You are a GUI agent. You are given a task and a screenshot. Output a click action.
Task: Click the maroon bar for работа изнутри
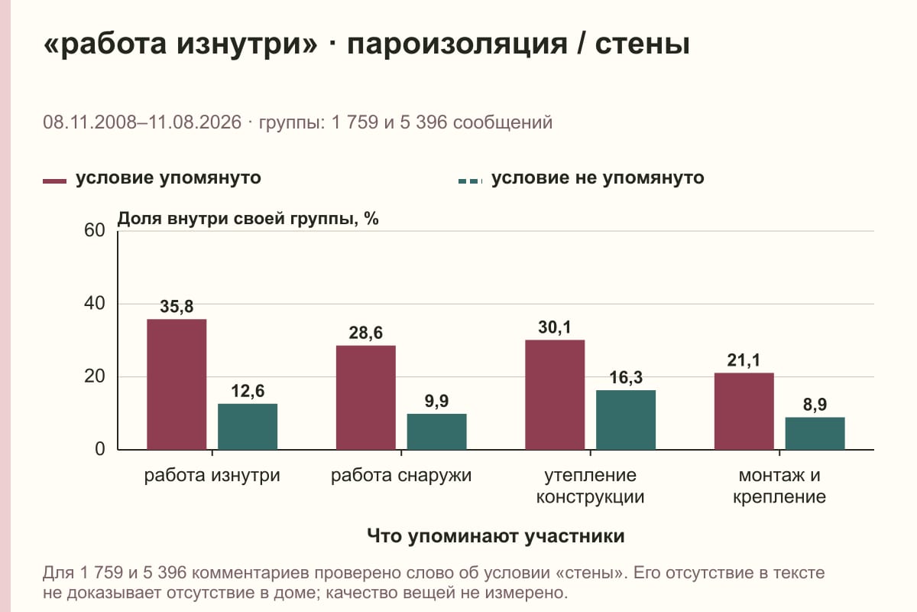point(177,385)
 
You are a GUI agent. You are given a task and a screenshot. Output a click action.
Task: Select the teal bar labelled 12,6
point(248,427)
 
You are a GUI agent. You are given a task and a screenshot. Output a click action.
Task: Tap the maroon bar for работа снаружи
point(365,398)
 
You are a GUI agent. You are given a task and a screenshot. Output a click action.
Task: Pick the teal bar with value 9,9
point(436,431)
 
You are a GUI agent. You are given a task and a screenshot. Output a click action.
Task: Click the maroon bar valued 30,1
point(555,395)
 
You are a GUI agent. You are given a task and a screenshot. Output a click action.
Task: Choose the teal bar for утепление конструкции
point(626,420)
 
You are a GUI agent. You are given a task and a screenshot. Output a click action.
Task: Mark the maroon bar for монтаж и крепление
point(744,411)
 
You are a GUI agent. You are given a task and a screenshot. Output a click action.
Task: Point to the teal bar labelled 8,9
point(815,433)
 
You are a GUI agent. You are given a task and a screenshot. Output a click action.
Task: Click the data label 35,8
point(177,307)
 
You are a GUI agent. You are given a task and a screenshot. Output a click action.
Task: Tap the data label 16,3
point(626,378)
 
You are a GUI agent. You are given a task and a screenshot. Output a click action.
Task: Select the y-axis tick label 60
point(95,230)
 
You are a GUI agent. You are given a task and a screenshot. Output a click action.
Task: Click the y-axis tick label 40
point(95,304)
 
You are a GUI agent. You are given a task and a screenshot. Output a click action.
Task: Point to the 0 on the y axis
point(100,450)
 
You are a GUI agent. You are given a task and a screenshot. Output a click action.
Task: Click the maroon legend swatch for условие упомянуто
point(54,181)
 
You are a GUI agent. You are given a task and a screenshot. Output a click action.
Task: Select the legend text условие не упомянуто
point(598,178)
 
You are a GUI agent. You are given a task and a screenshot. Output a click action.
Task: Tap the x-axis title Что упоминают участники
point(496,536)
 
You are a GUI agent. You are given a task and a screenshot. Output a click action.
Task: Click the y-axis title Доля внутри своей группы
point(238,219)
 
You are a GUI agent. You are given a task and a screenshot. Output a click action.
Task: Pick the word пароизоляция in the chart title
point(457,44)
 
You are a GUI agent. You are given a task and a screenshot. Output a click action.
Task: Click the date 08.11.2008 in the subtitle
point(89,122)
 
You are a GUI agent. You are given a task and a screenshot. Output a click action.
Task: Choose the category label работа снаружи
point(401,476)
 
